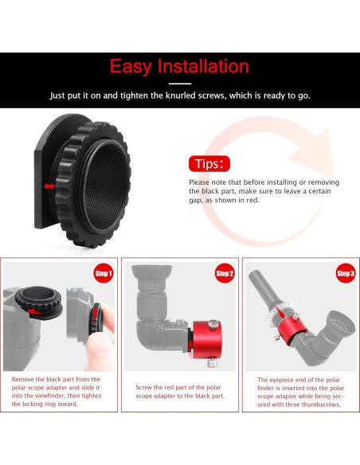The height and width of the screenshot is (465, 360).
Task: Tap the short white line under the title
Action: [180, 83]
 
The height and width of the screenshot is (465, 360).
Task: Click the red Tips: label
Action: [210, 164]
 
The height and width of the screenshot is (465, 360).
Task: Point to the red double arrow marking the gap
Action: [50, 186]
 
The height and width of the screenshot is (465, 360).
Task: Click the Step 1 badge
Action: [104, 273]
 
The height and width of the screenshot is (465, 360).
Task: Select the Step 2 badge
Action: [224, 274]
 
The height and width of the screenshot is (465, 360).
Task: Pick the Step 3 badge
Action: [345, 274]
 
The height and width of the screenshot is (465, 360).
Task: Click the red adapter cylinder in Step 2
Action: [209, 330]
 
